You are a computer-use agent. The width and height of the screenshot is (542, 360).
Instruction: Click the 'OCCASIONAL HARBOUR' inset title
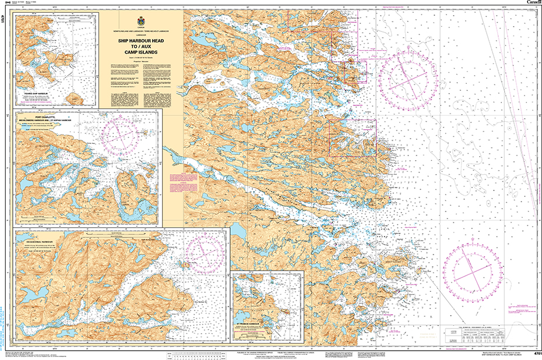click(39, 240)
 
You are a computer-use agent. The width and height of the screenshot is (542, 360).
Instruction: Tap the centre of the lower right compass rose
click(473, 271)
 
